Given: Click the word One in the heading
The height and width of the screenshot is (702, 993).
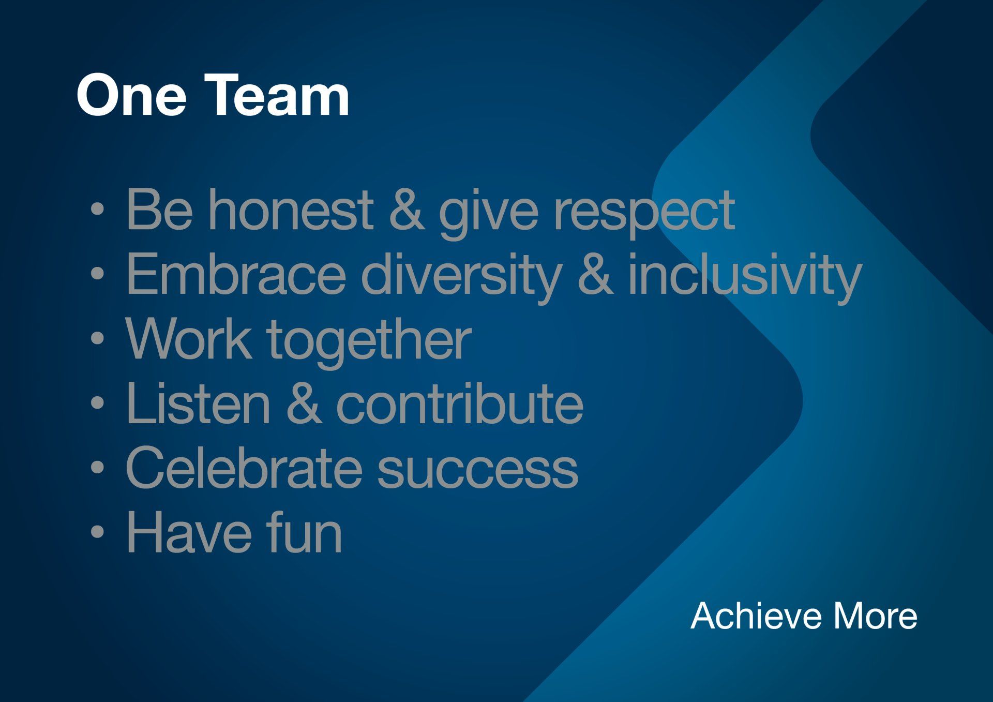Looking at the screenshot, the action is [x=131, y=96].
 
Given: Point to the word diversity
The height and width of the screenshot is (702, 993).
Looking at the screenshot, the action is [x=461, y=278].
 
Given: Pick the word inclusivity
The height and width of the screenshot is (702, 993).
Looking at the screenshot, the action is [x=744, y=278].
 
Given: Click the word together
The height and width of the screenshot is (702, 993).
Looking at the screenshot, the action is [x=369, y=343].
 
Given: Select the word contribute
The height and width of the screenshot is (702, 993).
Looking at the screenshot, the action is [x=460, y=403].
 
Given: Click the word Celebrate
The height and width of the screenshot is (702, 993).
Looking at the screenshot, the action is [x=244, y=468].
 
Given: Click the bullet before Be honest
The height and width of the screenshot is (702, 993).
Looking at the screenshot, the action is [x=97, y=210].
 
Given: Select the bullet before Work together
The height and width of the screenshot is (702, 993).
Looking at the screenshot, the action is [x=97, y=339].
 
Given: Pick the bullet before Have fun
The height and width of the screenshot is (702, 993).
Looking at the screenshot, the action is [x=97, y=533].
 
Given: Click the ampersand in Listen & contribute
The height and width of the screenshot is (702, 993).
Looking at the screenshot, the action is [x=304, y=403].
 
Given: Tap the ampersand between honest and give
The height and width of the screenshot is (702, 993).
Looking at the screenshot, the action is [x=407, y=210].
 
